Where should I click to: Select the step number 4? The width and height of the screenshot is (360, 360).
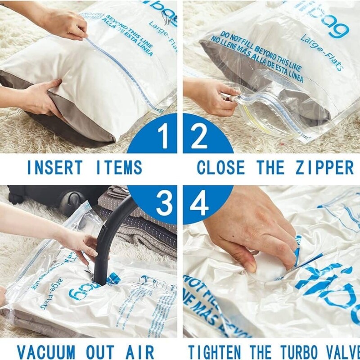[199, 205]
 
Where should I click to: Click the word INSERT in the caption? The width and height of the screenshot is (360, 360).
[52, 167]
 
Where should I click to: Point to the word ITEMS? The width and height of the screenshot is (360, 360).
[117, 167]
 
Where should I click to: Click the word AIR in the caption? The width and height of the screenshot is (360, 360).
[139, 351]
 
